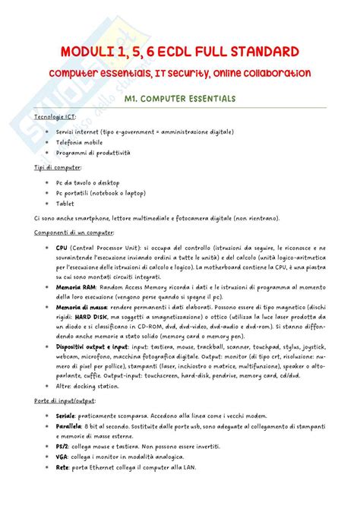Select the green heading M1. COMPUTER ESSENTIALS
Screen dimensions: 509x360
(180, 99)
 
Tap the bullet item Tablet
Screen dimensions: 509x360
(66, 203)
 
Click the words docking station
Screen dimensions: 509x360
(96, 386)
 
